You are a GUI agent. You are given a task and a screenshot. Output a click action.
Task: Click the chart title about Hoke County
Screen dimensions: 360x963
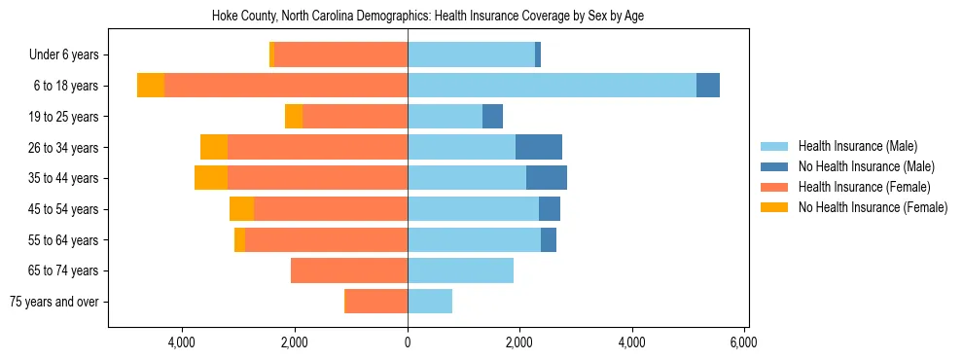[428, 16]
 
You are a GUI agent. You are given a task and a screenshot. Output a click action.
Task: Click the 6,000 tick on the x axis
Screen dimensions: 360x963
[744, 342]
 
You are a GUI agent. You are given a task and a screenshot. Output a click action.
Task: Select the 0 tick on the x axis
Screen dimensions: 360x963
[408, 342]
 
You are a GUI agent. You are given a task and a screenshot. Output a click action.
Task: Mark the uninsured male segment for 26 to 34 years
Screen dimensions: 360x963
[539, 147]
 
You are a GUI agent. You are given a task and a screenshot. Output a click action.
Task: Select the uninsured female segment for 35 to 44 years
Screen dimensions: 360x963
[211, 178]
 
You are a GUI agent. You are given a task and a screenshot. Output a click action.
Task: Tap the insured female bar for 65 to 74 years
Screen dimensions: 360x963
[349, 270]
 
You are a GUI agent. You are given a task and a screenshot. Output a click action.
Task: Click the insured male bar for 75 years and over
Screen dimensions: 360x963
[430, 302]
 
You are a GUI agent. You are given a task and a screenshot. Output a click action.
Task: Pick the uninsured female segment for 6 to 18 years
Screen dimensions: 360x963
[151, 86]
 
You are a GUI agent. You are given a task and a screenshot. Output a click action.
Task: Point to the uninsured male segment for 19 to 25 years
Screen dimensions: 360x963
[493, 117]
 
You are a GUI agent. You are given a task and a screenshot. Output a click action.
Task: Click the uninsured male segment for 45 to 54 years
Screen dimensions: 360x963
[550, 209]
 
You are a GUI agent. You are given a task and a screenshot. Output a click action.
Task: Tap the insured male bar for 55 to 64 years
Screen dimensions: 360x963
[474, 239]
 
